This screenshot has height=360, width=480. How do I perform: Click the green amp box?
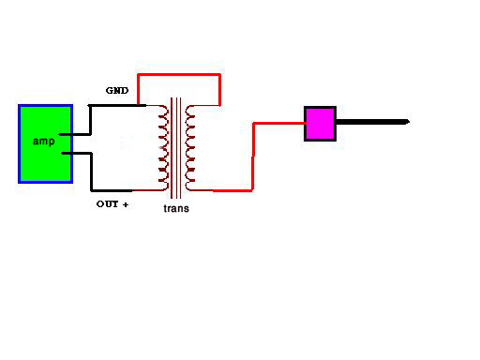click(46, 143)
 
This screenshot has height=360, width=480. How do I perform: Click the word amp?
click(44, 142)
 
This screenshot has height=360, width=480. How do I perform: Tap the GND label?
click(117, 91)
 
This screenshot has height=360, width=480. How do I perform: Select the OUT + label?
click(112, 204)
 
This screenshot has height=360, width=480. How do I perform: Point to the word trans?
click(176, 208)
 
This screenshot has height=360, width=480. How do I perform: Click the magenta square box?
click(320, 124)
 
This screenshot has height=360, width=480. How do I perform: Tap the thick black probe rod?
click(373, 122)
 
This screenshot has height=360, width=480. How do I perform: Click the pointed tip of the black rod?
click(410, 122)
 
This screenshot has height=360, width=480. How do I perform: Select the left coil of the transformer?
click(164, 148)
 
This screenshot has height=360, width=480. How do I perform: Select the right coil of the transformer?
click(190, 148)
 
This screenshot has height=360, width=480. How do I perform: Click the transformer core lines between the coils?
click(176, 148)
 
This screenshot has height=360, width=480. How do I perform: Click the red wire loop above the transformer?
click(179, 74)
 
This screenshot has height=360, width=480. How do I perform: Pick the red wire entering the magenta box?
click(279, 124)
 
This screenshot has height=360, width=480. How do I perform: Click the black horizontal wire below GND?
click(117, 106)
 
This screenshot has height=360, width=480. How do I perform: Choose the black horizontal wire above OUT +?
click(112, 190)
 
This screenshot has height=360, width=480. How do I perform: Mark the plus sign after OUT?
click(126, 204)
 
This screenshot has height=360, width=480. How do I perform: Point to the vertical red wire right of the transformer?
click(253, 157)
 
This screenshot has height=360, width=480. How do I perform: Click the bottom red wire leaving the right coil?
click(232, 190)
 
